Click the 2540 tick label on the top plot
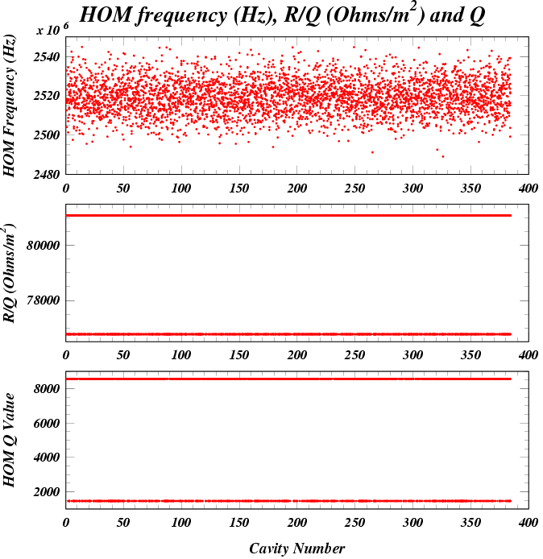pos(47,56)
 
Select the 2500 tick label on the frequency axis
pos(47,135)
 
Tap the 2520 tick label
pos(47,96)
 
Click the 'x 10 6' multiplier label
pos(52,29)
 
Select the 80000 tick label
pos(43,245)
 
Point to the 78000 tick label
pos(43,301)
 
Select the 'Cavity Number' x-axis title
pos(296,549)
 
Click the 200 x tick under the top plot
pos(297,188)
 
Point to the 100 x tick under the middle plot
pos(181,355)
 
